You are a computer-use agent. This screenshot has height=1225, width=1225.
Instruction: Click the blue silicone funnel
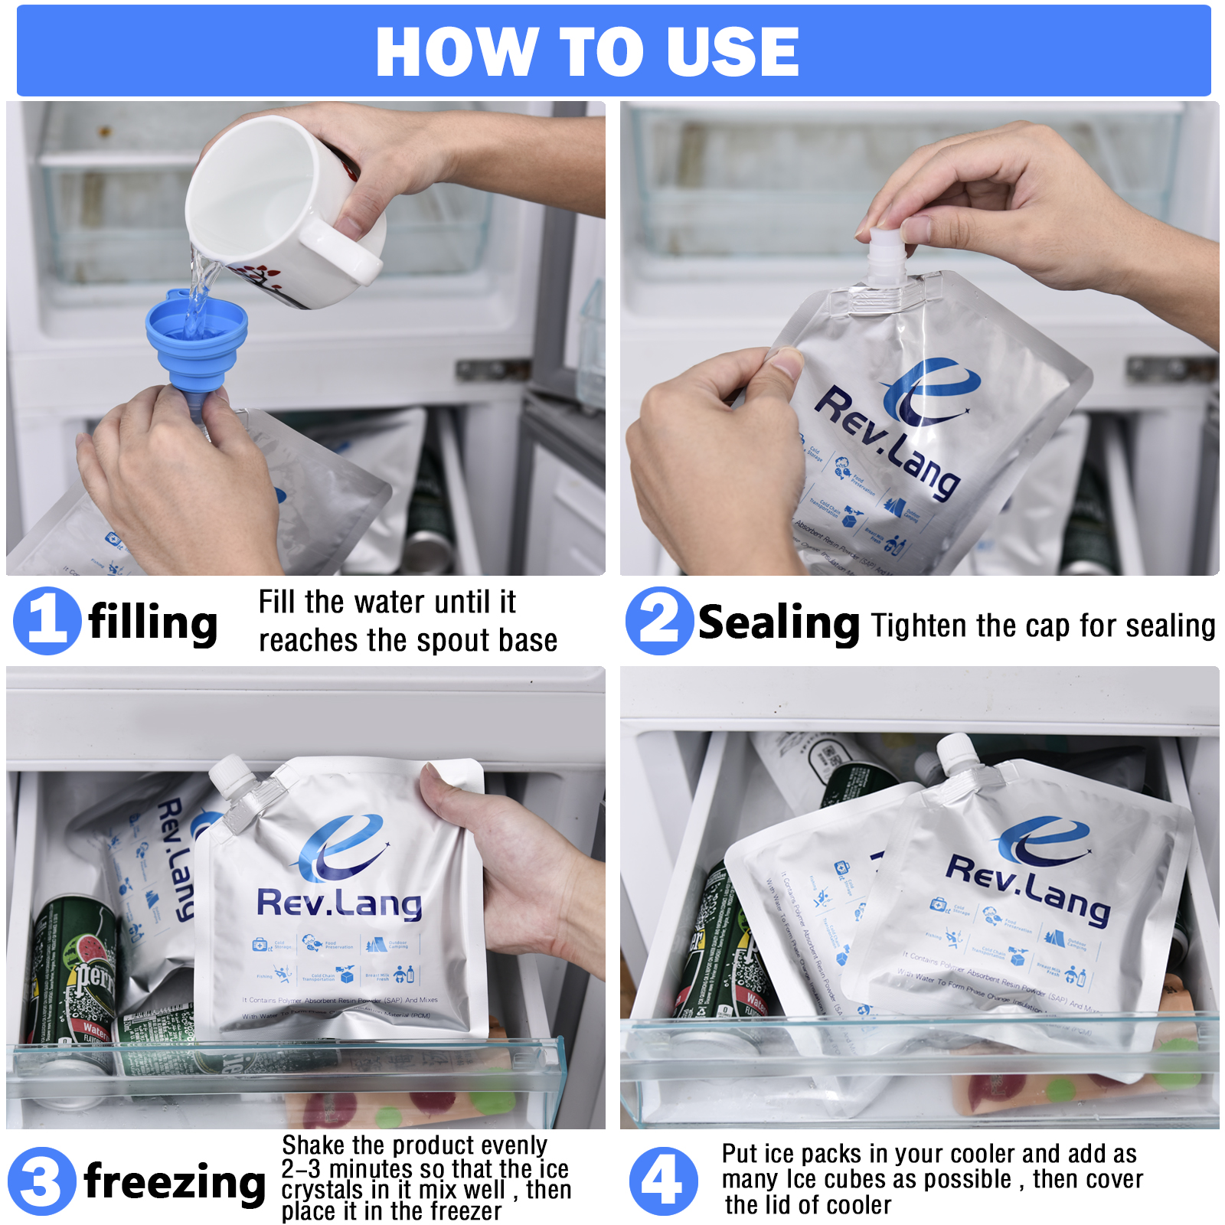click(198, 337)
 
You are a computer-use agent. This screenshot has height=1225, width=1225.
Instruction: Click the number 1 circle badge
click(47, 621)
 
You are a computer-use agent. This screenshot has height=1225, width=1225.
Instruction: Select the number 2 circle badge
click(659, 621)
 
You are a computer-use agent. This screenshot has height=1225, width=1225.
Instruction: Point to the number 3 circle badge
click(42, 1181)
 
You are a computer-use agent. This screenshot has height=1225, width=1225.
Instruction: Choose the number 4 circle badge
click(663, 1181)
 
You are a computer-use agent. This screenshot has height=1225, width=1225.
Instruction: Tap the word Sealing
click(779, 622)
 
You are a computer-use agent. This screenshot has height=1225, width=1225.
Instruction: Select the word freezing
click(175, 1182)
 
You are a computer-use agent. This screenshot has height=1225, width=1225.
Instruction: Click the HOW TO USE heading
click(587, 52)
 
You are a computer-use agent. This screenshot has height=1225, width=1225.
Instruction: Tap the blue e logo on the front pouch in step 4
click(1043, 840)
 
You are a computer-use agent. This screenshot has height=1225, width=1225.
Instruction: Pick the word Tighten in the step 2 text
click(920, 626)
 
